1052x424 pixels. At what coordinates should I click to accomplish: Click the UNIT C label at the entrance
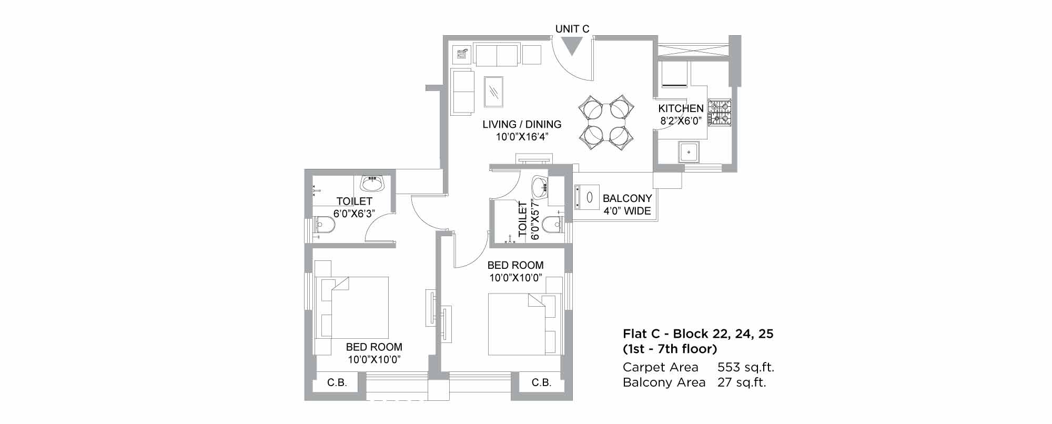click(x=572, y=29)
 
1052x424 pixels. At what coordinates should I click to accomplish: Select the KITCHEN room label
click(x=681, y=108)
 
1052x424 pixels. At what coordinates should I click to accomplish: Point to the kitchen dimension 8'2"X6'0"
click(x=681, y=121)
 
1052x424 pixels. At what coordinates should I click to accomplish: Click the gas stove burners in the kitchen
click(x=720, y=113)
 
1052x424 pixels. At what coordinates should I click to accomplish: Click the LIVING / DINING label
click(x=522, y=124)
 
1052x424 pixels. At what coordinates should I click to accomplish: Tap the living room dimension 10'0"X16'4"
click(x=522, y=137)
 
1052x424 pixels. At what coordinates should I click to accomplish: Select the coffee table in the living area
click(x=493, y=94)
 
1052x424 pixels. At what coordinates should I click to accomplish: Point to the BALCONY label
click(x=627, y=198)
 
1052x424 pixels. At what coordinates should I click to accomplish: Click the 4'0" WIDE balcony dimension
click(x=627, y=211)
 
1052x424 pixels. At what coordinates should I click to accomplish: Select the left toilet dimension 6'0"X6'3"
click(x=354, y=214)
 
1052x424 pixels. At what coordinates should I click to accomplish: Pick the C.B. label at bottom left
click(x=337, y=382)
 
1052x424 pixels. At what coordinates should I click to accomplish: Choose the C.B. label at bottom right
click(x=541, y=382)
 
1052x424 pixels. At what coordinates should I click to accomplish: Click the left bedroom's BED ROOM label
click(x=374, y=347)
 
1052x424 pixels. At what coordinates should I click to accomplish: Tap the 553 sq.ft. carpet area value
click(x=746, y=367)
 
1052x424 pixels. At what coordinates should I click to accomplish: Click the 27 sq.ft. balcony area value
click(x=742, y=382)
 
